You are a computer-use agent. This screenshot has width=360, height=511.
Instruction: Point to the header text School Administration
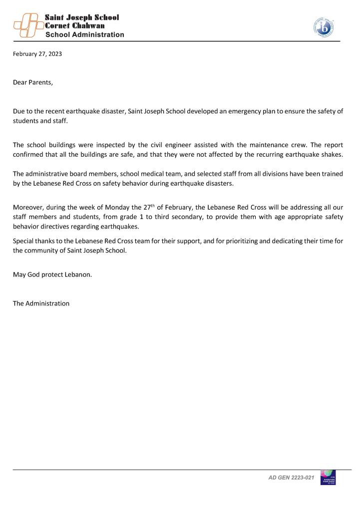click(85, 35)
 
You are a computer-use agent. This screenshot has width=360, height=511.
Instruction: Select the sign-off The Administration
click(41, 303)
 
